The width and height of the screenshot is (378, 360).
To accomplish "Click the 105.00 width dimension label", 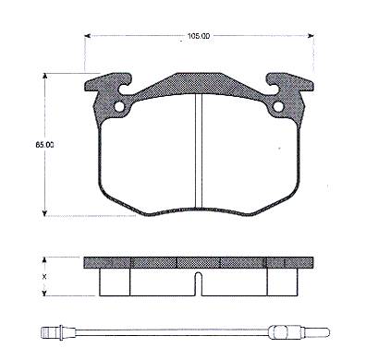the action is (199, 36).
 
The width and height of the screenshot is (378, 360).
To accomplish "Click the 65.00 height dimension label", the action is (44, 145).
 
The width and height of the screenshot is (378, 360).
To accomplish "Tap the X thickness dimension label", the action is (44, 277).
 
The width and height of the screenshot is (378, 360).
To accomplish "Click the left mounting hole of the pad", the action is (119, 107).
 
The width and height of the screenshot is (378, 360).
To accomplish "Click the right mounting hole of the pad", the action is (278, 107).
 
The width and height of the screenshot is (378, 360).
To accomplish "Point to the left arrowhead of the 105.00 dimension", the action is (87, 36).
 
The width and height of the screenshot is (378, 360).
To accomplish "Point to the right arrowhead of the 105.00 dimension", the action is (311, 36).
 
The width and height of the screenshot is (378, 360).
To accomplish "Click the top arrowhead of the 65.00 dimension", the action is (45, 76).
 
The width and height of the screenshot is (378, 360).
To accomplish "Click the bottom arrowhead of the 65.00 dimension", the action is (45, 213).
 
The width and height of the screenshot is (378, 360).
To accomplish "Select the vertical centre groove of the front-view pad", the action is (199, 150).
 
